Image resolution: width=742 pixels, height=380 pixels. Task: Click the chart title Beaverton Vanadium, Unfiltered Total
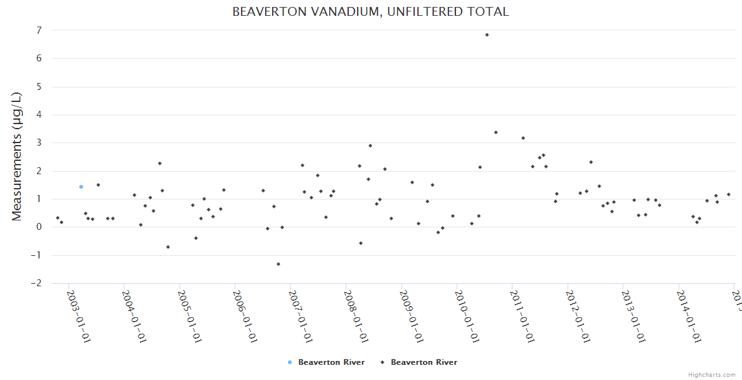point(370,11)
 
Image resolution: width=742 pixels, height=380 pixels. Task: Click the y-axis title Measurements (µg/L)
point(17,156)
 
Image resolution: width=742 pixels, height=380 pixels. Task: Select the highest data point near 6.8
point(486,35)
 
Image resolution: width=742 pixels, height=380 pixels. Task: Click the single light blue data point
point(81,187)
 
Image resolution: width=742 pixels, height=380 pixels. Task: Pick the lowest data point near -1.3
point(278,264)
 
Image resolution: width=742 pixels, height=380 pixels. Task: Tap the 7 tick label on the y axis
point(39,30)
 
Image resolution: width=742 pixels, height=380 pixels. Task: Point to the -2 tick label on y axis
point(36,283)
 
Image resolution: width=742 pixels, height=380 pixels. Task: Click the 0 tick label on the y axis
point(39,227)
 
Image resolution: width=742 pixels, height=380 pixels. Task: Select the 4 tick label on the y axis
point(39,115)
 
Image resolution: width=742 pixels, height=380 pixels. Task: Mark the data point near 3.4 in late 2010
point(496,132)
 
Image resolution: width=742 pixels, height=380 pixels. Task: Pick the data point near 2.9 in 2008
point(370,146)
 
